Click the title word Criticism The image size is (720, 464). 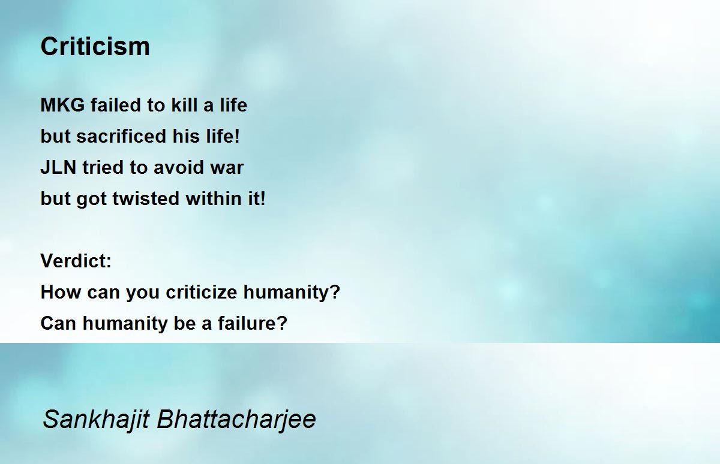click(95, 47)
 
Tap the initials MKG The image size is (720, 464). click(62, 105)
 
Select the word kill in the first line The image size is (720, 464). click(184, 105)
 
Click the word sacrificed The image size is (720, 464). click(121, 136)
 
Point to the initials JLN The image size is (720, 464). click(59, 167)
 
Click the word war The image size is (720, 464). click(227, 168)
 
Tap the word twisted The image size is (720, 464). click(146, 198)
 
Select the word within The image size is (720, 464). click(214, 198)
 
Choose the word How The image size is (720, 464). click(61, 292)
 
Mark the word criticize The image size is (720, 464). click(201, 292)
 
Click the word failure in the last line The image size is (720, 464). click(253, 323)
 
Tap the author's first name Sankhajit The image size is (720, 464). click(96, 420)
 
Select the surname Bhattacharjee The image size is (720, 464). click(236, 420)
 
